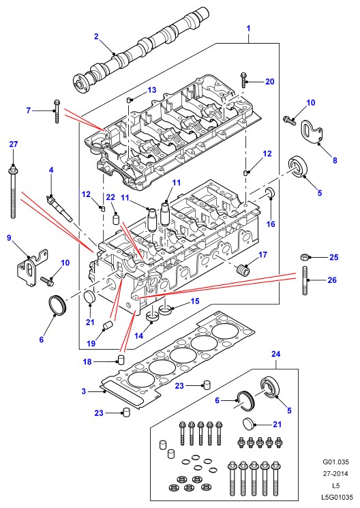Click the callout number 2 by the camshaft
pos(96,36)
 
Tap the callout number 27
pos(13,144)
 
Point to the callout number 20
pos(269,82)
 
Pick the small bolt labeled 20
pos(243,80)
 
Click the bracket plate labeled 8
pos(312,132)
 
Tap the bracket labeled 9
pos(31,268)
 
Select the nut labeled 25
pos(304,258)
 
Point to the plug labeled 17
pos(243,269)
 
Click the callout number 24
pos(275,354)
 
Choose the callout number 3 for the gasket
pos(84,391)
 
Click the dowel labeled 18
pos(121,359)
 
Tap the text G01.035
pos(335,462)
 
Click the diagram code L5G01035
pos(337,496)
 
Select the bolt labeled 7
pos(57,111)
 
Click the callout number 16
pos(271,224)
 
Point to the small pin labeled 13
pos(129,100)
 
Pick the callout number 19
pos(91,343)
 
